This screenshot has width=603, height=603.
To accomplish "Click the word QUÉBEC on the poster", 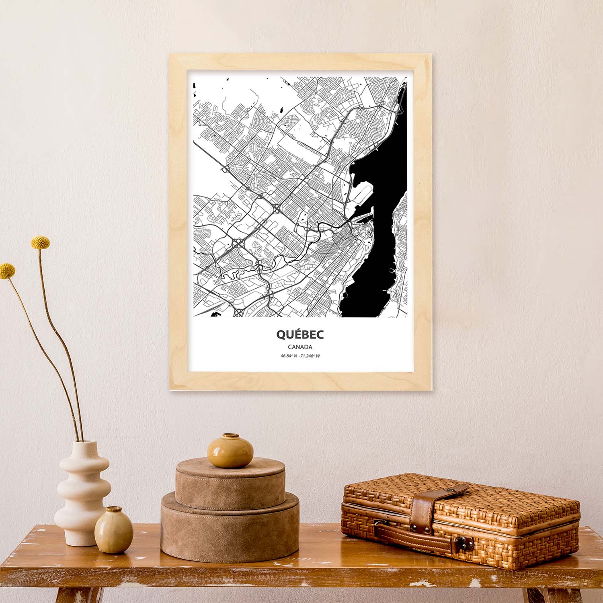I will coord(300,334).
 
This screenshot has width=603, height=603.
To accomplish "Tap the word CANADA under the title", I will coord(300,347).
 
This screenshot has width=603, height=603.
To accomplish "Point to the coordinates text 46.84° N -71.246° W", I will coord(300,356).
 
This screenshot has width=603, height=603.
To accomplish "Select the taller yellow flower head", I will coord(40,242).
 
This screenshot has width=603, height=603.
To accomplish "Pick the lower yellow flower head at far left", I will coord(7,270).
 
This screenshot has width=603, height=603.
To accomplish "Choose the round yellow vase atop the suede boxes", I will coord(230,451).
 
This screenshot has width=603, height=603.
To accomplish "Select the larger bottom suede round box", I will coord(230,527).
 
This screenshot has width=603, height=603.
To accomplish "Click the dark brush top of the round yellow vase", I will coord(230,435).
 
